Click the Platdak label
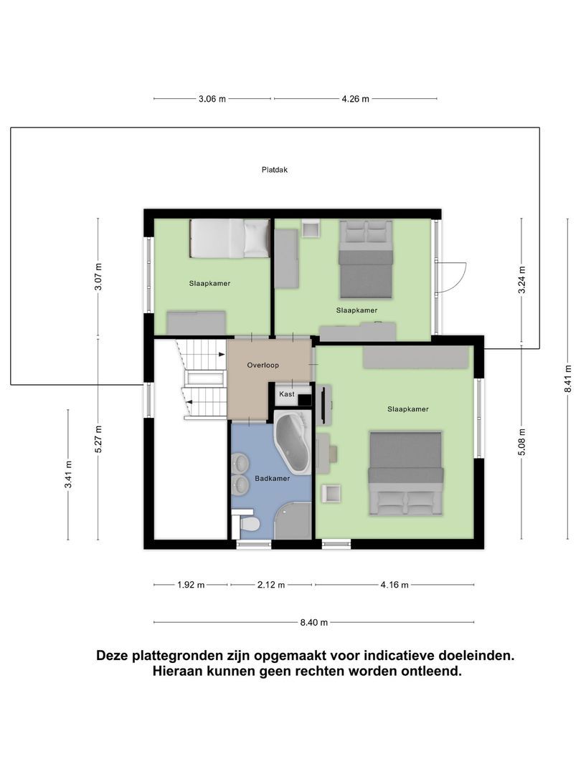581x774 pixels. coord(275,171)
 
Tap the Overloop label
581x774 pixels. coord(263,365)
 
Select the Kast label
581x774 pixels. coord(286,394)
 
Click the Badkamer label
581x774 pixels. coord(272,479)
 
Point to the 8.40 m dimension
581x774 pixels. coord(313,622)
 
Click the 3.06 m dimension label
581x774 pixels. coord(212,99)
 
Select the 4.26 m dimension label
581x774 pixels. coord(355,99)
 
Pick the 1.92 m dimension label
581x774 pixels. coord(191,585)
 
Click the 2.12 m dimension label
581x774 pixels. coord(270,585)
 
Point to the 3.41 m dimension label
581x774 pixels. coord(68,475)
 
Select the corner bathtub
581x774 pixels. coord(292,439)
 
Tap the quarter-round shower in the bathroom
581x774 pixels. coord(295,522)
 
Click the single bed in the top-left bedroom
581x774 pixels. coord(230,239)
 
